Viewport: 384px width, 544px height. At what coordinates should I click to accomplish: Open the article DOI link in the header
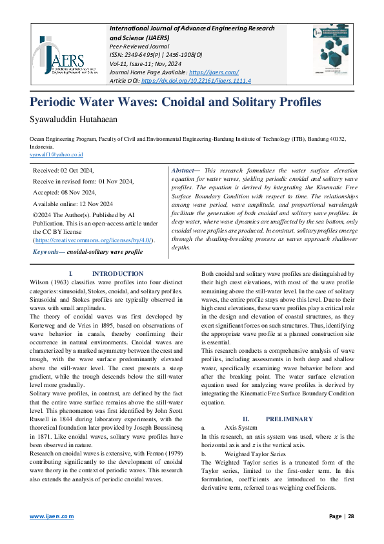[x=196, y=81]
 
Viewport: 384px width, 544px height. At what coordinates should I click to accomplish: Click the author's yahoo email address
[x=56, y=155]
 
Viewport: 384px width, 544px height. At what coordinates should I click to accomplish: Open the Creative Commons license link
[x=94, y=240]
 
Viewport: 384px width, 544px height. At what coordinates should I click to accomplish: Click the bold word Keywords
[x=48, y=251]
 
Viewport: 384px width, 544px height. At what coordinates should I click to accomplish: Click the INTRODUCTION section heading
[x=117, y=274]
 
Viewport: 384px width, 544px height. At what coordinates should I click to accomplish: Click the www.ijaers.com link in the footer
[x=52, y=516]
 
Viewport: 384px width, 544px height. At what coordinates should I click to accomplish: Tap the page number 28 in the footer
[x=351, y=516]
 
